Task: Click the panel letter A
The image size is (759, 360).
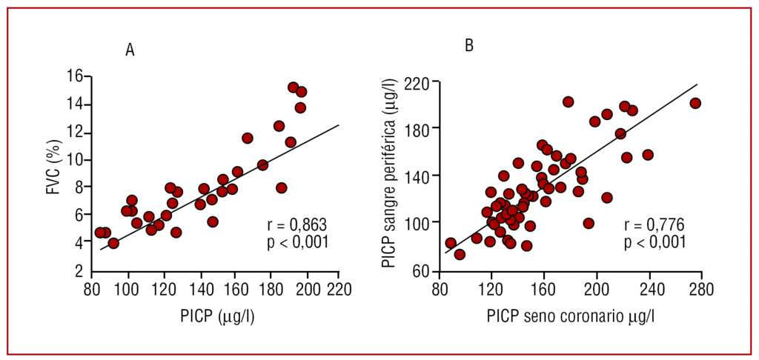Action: pyautogui.click(x=130, y=50)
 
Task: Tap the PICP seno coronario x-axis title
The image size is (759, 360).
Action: pyautogui.click(x=570, y=316)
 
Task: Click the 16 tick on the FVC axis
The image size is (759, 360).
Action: pyautogui.click(x=73, y=76)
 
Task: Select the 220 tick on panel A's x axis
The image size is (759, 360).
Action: pyautogui.click(x=338, y=288)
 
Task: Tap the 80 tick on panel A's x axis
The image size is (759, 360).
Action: pyautogui.click(x=92, y=288)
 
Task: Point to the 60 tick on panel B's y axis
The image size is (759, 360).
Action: pyautogui.click(x=420, y=271)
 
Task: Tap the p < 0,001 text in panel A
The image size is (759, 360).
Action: pyautogui.click(x=296, y=241)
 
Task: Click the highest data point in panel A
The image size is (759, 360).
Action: pyautogui.click(x=294, y=87)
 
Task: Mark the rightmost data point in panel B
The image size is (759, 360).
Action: pyautogui.click(x=695, y=103)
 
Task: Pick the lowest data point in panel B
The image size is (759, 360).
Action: pyautogui.click(x=460, y=254)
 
